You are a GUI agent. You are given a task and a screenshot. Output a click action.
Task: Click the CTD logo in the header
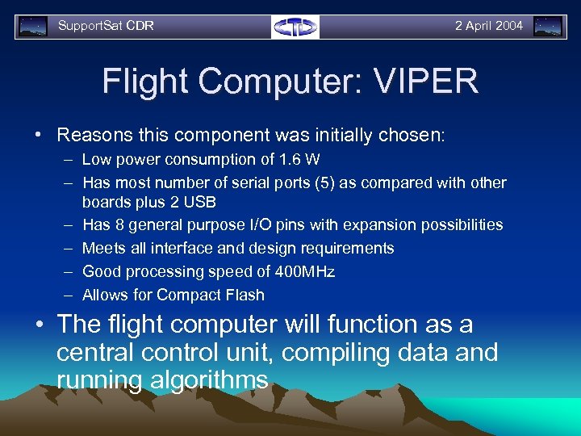(x=295, y=27)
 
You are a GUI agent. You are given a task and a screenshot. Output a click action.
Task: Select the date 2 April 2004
(x=488, y=26)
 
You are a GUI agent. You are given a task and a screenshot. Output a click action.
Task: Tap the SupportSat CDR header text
(x=106, y=26)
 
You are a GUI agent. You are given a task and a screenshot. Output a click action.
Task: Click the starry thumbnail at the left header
(x=33, y=27)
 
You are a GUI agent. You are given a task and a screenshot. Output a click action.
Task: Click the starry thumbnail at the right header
(x=549, y=27)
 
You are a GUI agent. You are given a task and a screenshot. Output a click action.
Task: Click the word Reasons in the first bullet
(x=88, y=135)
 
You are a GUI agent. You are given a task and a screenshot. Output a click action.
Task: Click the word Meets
(x=103, y=249)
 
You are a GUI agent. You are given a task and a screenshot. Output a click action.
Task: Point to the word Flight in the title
(x=147, y=82)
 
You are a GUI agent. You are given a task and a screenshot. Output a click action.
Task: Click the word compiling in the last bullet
(x=336, y=353)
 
